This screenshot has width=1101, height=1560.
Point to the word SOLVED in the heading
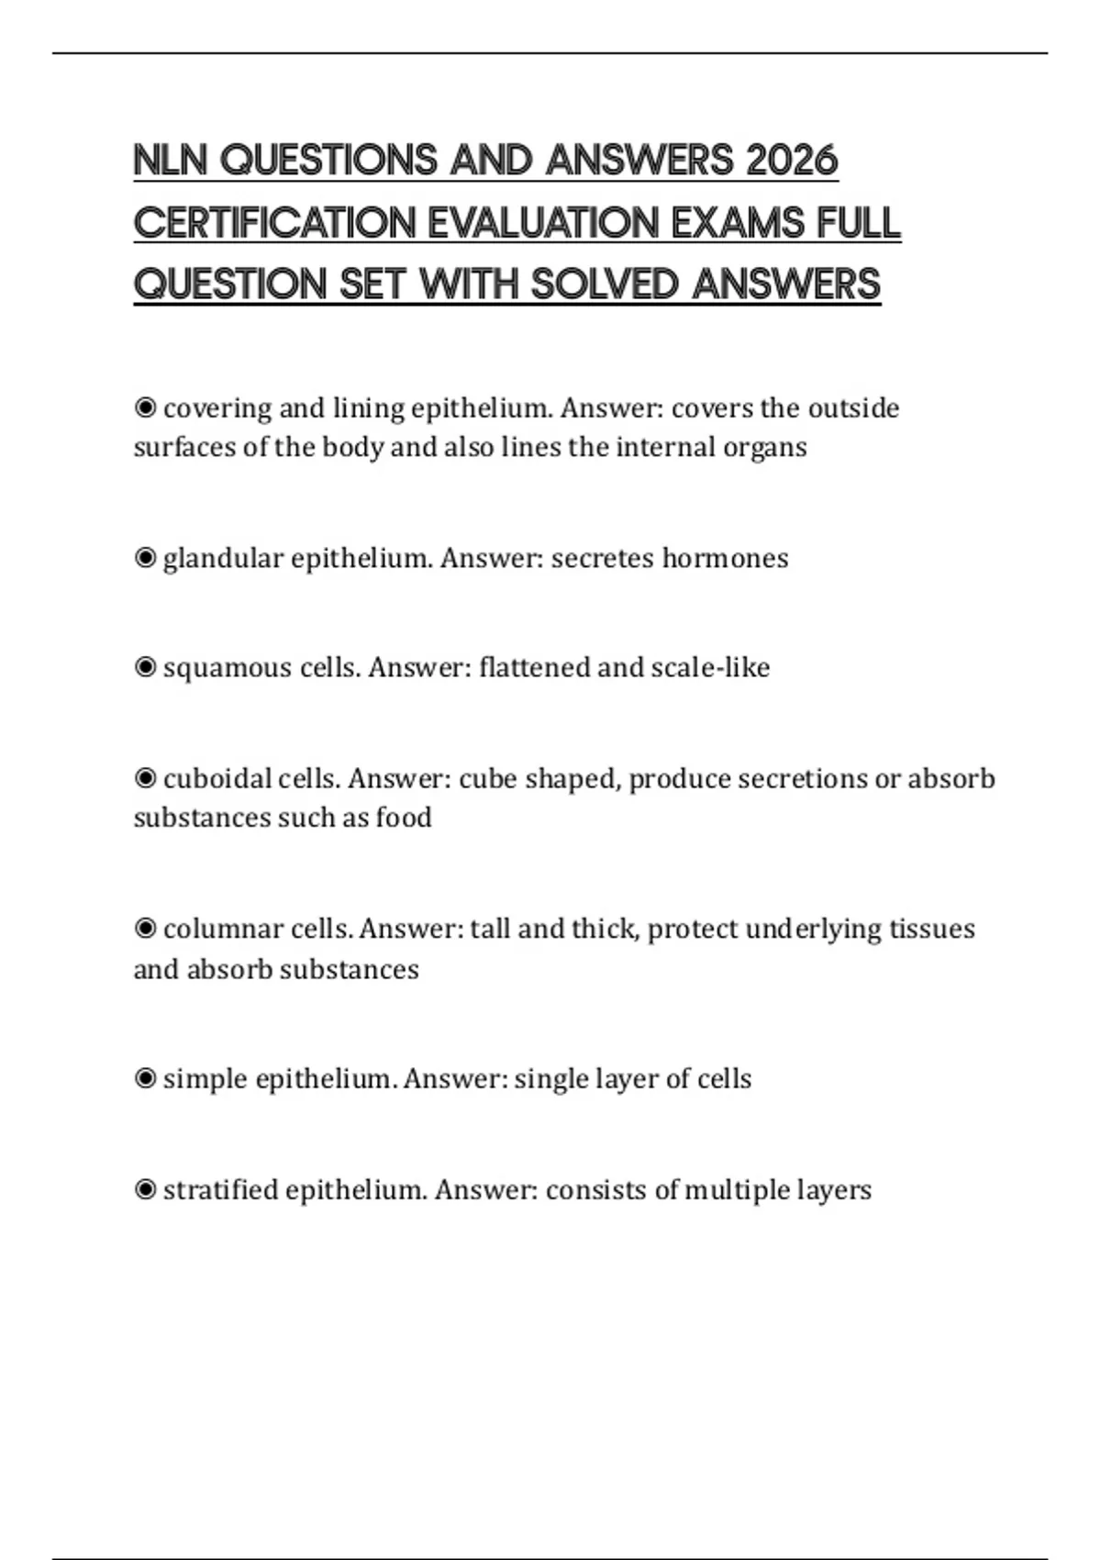pyautogui.click(x=605, y=284)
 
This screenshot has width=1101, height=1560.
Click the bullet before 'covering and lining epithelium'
pyautogui.click(x=145, y=407)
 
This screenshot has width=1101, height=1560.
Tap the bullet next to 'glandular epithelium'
pyautogui.click(x=145, y=558)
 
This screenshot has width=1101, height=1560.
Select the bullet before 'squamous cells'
pyautogui.click(x=145, y=667)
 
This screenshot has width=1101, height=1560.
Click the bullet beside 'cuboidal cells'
pyautogui.click(x=145, y=778)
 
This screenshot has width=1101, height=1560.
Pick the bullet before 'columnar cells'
pyautogui.click(x=145, y=929)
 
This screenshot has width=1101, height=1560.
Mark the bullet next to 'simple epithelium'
pyautogui.click(x=145, y=1078)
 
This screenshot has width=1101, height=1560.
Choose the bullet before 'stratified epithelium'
pyautogui.click(x=145, y=1189)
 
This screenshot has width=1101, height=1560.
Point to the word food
pyautogui.click(x=404, y=818)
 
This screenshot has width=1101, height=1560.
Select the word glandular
pyautogui.click(x=223, y=559)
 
